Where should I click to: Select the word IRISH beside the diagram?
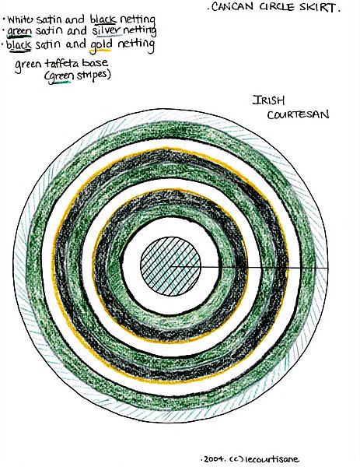[x=268, y=100]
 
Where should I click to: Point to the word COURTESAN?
[x=298, y=114]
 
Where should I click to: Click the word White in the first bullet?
[x=20, y=20]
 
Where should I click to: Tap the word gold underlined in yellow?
[x=101, y=44]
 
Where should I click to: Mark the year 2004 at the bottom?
[x=214, y=459]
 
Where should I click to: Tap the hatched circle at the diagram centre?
[x=170, y=266]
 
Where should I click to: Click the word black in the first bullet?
[x=103, y=19]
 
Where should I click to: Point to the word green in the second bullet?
[x=19, y=32]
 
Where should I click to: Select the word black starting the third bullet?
[x=19, y=45]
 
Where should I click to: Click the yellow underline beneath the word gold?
[x=100, y=51]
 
